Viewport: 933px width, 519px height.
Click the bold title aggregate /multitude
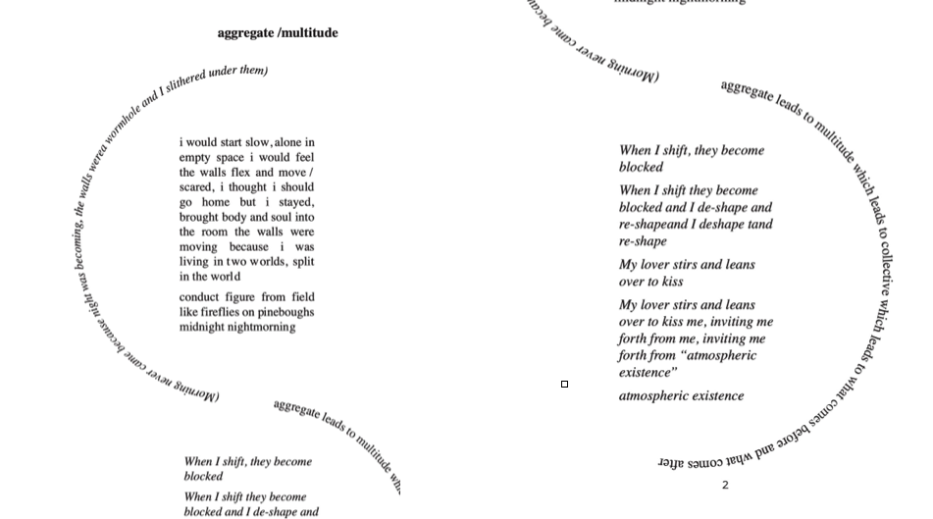[278, 33]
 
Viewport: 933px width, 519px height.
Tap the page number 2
[725, 485]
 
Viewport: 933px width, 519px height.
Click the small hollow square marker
[564, 384]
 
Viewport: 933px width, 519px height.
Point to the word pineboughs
[285, 312]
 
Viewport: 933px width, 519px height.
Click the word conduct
[199, 297]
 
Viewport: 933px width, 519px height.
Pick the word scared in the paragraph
[196, 187]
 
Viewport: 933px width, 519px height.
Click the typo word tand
[760, 225]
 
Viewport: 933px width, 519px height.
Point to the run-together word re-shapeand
[657, 225]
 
